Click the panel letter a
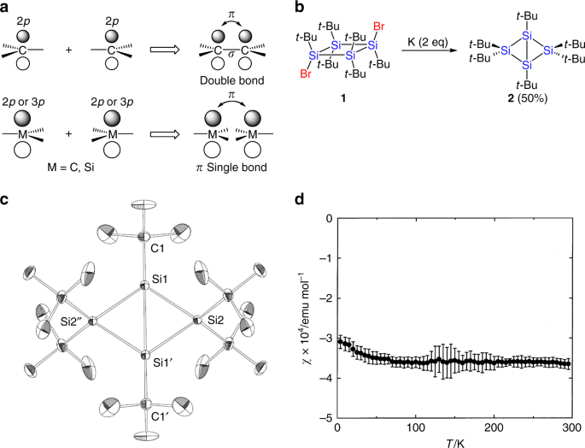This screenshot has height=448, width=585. point(6,8)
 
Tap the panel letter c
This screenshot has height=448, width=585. point(6,201)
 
